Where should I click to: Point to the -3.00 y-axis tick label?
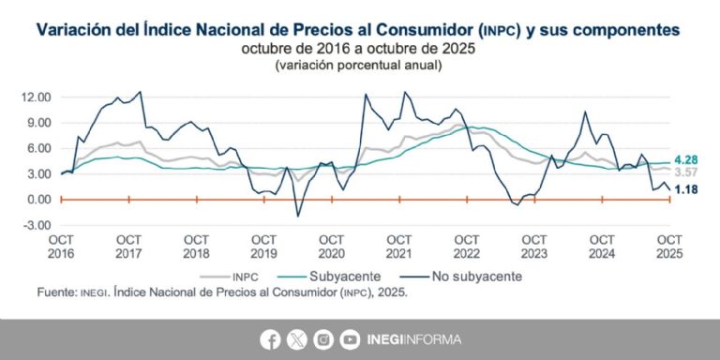point(35,225)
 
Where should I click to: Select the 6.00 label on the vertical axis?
point(37,148)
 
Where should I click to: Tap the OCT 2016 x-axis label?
point(61,247)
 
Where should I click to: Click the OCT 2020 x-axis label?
point(331,247)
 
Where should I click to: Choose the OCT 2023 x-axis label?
point(533,247)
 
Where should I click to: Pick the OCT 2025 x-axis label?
point(668,247)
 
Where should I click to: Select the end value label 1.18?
point(689,190)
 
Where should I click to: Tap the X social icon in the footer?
point(298,339)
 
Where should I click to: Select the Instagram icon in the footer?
point(323,339)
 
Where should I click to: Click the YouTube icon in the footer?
point(349,339)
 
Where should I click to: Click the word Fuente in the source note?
point(55,292)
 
